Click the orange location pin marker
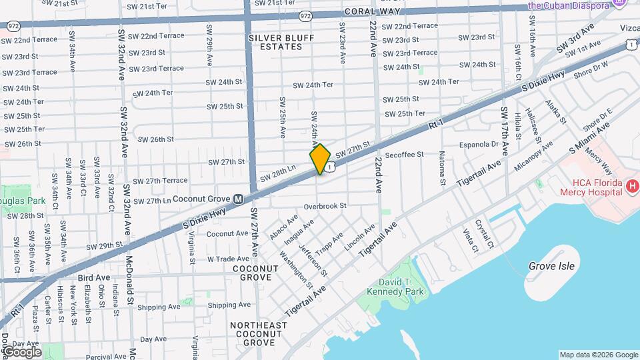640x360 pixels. click(x=320, y=159)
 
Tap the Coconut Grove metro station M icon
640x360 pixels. click(x=238, y=199)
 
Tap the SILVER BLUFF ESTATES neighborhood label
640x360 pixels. click(x=281, y=43)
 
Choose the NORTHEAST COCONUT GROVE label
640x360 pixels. click(x=258, y=334)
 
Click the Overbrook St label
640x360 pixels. click(x=325, y=206)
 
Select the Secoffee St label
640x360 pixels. click(x=404, y=155)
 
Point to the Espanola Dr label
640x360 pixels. click(x=479, y=144)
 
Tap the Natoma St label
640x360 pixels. click(x=442, y=169)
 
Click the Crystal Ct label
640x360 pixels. click(x=485, y=234)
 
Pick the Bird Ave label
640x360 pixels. click(x=93, y=277)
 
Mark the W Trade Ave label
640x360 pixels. click(x=228, y=259)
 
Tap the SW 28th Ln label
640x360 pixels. click(x=277, y=173)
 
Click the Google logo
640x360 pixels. click(x=22, y=352)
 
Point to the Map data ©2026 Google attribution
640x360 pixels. click(x=598, y=355)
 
